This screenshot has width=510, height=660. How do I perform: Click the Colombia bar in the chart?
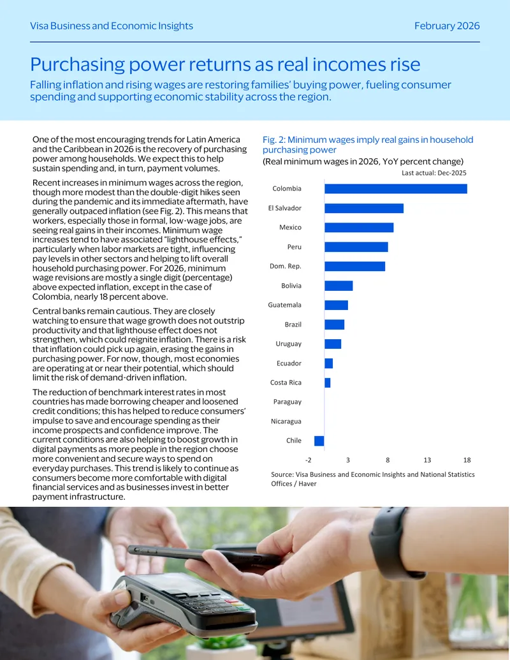click(395, 189)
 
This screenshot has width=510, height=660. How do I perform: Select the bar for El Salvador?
click(364, 208)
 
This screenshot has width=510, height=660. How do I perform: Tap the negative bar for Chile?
click(319, 441)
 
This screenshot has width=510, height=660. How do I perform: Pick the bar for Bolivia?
click(339, 286)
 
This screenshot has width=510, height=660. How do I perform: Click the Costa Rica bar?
click(328, 383)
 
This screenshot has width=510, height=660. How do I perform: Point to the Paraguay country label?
click(288, 402)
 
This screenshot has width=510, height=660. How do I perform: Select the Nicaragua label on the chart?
click(286, 422)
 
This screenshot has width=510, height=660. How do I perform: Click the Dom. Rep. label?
click(286, 267)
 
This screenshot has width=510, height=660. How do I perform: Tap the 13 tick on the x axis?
click(427, 460)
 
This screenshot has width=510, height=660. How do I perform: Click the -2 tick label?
click(309, 460)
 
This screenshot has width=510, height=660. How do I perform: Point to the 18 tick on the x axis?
click(467, 460)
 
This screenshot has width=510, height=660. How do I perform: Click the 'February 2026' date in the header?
click(447, 26)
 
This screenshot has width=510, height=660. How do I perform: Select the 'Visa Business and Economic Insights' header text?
click(112, 26)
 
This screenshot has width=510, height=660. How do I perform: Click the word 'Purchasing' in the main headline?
click(77, 64)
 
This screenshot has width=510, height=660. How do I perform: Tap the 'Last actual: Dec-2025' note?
click(434, 173)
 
